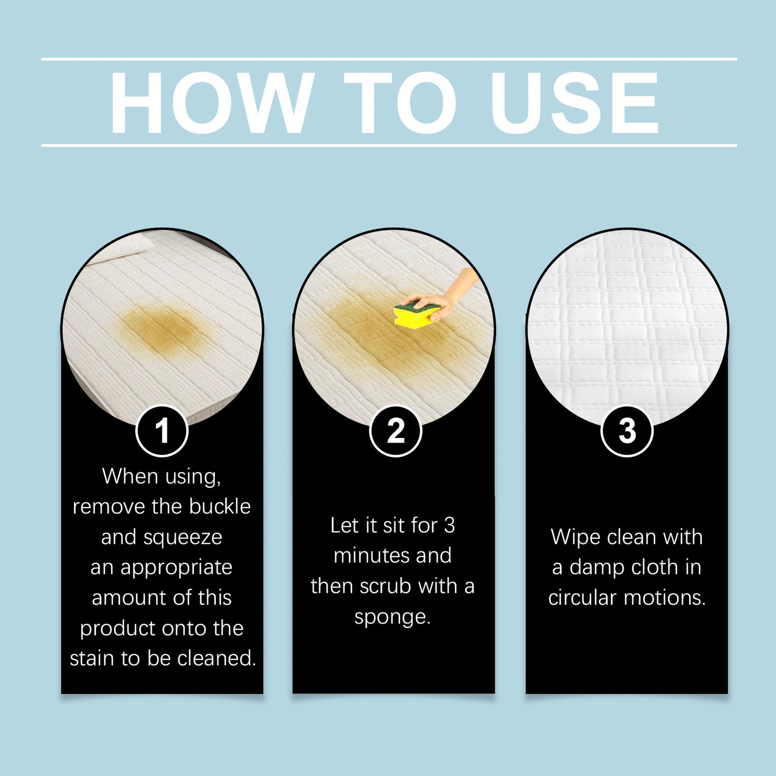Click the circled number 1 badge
[162, 431]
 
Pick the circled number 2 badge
[396, 431]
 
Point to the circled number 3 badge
[627, 431]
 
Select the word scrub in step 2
[386, 586]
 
